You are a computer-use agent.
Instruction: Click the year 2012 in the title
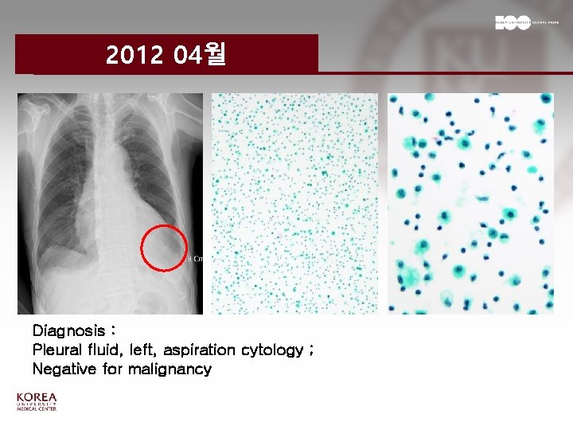(x=134, y=55)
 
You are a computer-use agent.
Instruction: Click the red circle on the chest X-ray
(x=165, y=248)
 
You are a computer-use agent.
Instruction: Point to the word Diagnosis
(x=69, y=330)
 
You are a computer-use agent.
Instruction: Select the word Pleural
(x=58, y=350)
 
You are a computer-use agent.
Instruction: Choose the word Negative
(x=64, y=369)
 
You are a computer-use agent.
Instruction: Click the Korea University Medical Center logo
(x=37, y=402)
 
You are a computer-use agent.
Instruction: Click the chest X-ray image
(x=110, y=203)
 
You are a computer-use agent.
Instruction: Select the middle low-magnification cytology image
(x=294, y=203)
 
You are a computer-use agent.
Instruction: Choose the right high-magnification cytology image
(x=470, y=203)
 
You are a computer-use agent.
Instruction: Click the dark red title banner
(x=166, y=54)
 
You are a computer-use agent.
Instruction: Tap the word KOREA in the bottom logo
(x=37, y=397)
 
